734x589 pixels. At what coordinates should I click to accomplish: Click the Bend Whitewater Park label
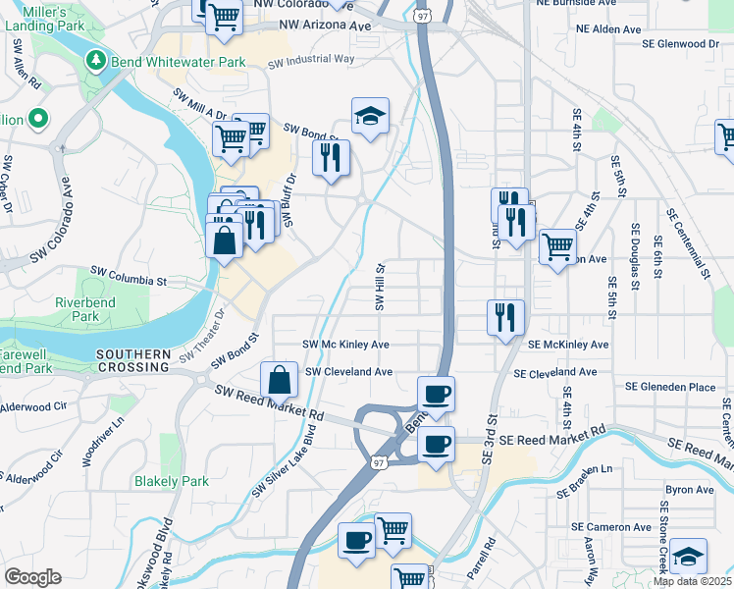[x=178, y=62]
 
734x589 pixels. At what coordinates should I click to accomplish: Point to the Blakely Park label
[x=172, y=481]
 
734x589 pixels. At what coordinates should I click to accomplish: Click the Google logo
[x=32, y=576]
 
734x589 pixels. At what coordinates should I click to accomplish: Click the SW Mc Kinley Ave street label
[x=345, y=345]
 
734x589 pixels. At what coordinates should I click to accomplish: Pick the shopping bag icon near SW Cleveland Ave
[x=280, y=379]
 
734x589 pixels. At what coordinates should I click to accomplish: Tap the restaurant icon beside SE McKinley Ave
[x=505, y=317]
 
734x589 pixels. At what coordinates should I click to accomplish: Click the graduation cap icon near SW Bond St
[x=370, y=115]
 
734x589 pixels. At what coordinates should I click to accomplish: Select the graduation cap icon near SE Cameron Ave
[x=689, y=558]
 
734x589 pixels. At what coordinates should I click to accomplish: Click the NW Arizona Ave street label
[x=325, y=24]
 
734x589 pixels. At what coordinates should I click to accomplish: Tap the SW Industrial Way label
[x=311, y=60]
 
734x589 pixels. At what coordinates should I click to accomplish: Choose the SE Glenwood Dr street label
[x=680, y=44]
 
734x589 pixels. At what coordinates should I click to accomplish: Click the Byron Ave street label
[x=690, y=489]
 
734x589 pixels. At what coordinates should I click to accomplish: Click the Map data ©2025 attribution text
[x=693, y=581]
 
